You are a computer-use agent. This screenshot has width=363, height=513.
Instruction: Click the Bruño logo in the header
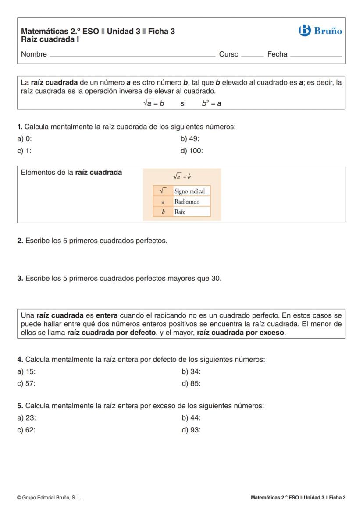pyautogui.click(x=320, y=31)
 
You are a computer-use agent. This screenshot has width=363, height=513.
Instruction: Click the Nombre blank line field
pyautogui.click(x=132, y=55)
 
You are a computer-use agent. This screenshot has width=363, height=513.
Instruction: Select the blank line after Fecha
pyautogui.click(x=315, y=55)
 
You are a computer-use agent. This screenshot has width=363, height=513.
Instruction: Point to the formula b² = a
pyautogui.click(x=211, y=104)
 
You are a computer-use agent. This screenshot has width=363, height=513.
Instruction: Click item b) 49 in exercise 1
pyautogui.click(x=190, y=139)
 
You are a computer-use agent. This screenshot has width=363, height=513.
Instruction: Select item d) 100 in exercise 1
pyautogui.click(x=192, y=151)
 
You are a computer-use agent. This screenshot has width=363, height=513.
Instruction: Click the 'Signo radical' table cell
pyautogui.click(x=189, y=191)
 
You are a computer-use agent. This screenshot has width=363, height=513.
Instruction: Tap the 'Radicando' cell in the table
pyautogui.click(x=187, y=202)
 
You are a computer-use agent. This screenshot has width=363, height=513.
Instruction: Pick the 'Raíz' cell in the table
pyautogui.click(x=180, y=212)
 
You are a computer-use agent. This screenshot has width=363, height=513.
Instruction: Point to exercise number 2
pyautogui.click(x=20, y=241)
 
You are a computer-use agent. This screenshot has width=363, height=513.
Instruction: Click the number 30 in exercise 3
pyautogui.click(x=216, y=279)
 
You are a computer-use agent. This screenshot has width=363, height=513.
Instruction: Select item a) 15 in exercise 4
pyautogui.click(x=27, y=372)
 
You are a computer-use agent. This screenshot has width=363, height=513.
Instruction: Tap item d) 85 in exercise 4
pyautogui.click(x=191, y=384)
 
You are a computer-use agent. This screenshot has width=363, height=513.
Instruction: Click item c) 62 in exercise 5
pyautogui.click(x=27, y=430)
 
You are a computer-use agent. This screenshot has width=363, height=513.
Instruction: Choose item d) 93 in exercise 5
pyautogui.click(x=191, y=430)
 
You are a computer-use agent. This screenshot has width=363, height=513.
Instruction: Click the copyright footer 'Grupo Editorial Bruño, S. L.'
pyautogui.click(x=49, y=498)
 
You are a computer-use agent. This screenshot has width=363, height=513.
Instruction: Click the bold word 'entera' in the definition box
pyautogui.click(x=107, y=316)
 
